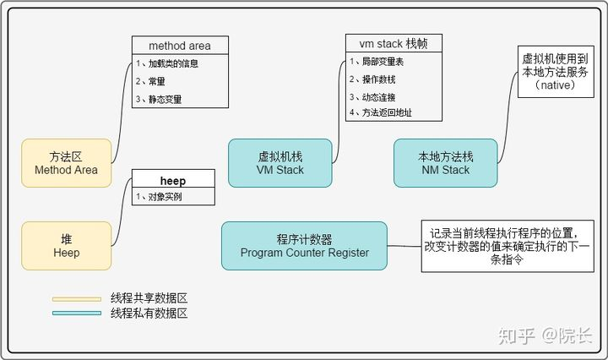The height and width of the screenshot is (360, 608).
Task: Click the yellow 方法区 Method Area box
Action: (66, 162)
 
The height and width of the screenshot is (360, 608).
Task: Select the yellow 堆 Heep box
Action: (66, 246)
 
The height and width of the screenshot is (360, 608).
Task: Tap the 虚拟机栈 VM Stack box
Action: (280, 162)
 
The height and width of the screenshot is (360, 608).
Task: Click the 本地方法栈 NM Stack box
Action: (445, 162)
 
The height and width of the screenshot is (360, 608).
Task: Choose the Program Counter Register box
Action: (304, 245)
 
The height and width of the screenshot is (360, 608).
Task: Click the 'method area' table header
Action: (180, 45)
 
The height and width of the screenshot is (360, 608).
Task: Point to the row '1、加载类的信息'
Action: (180, 63)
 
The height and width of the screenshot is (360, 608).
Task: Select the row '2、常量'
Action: (180, 81)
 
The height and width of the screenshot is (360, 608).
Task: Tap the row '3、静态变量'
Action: (180, 99)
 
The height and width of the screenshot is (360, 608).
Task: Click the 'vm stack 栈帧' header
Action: (394, 44)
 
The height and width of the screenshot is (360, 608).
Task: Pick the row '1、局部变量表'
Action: (394, 62)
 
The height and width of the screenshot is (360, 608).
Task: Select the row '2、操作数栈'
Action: (394, 79)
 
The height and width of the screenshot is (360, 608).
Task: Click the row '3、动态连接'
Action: (394, 96)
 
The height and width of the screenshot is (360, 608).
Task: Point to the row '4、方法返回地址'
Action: (394, 112)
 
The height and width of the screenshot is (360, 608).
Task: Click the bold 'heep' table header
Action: (172, 180)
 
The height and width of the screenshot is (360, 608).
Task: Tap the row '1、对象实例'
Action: (172, 197)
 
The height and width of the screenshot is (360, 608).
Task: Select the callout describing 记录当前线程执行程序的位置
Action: (506, 247)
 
